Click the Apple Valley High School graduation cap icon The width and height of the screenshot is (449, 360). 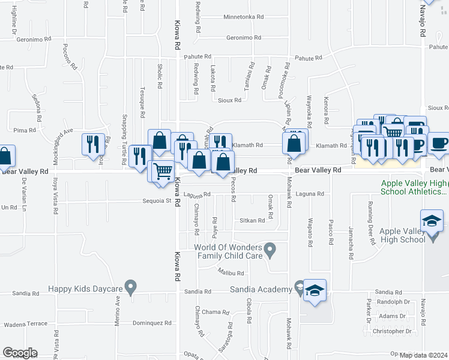[x=432, y=221]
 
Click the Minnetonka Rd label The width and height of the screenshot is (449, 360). [x=244, y=17]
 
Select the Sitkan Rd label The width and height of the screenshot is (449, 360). [x=253, y=221]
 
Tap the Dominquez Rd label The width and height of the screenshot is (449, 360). [x=152, y=323]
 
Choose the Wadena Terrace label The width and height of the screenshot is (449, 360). [x=25, y=324]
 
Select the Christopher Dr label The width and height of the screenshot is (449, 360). [x=392, y=331]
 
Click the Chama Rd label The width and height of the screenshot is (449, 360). [x=215, y=312]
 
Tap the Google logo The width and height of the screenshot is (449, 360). [x=19, y=353]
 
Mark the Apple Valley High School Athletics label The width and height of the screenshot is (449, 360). [x=414, y=188]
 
